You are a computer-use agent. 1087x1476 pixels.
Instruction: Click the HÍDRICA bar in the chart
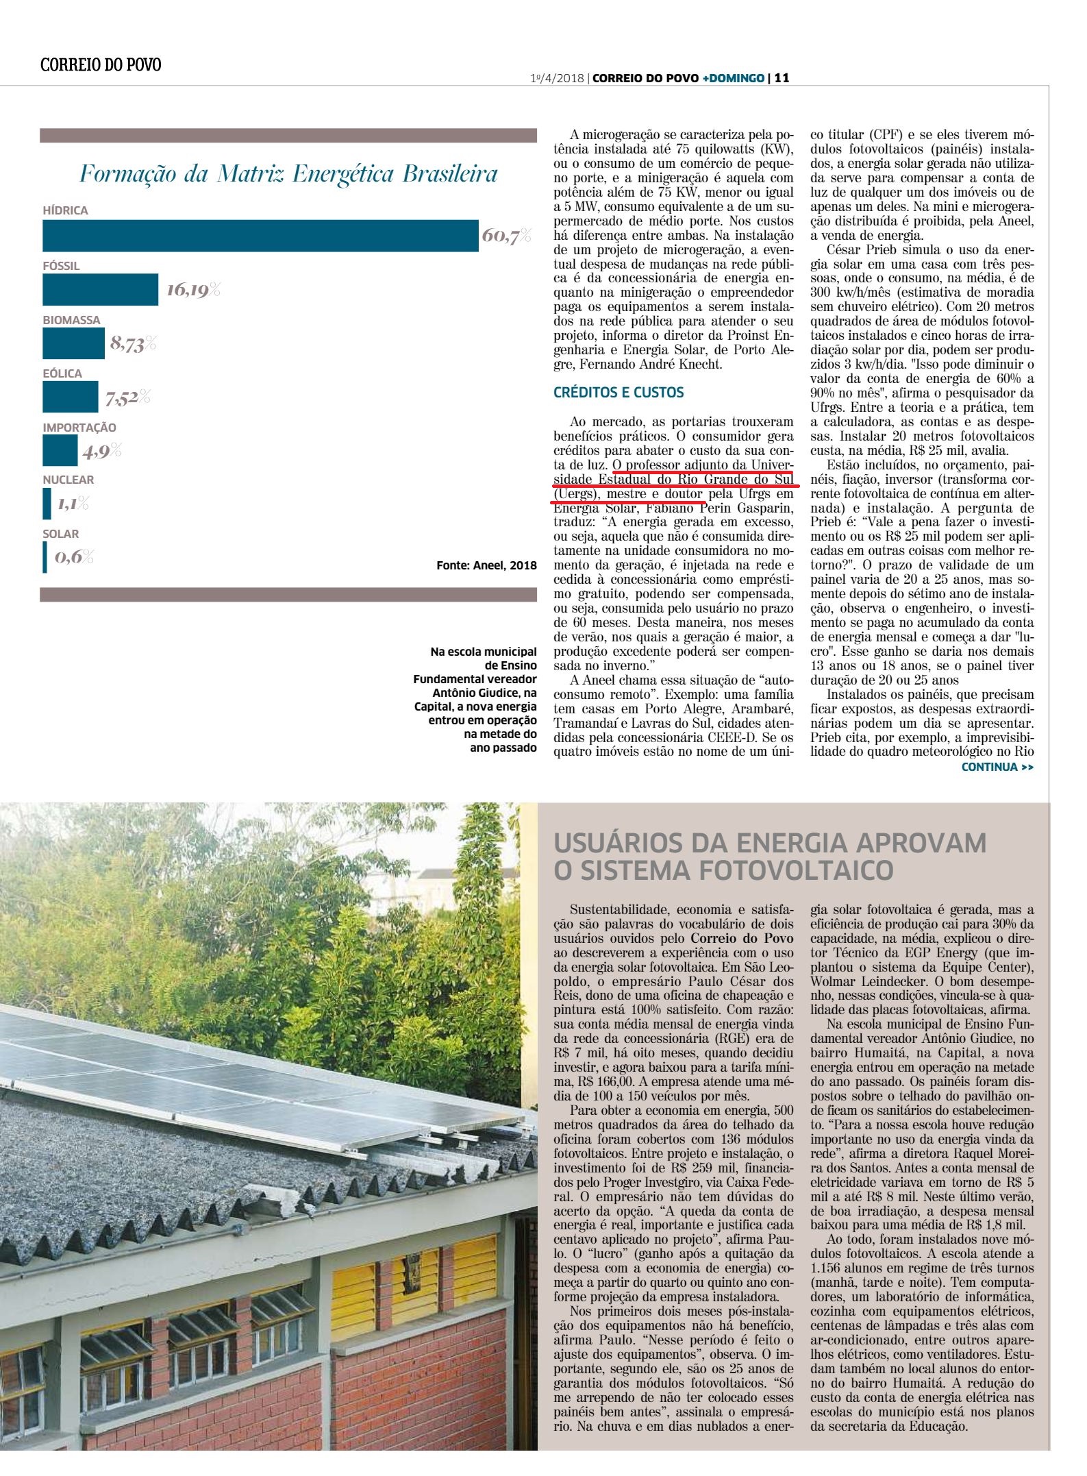[x=260, y=236]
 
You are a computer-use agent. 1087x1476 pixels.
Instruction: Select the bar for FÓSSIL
[x=100, y=290]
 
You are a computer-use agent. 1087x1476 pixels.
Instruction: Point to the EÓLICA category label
[x=62, y=373]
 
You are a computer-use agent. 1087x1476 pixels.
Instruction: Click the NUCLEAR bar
[x=47, y=504]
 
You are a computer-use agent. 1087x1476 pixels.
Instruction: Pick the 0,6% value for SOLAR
[x=74, y=556]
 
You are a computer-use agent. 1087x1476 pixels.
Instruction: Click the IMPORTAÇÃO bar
[x=60, y=450]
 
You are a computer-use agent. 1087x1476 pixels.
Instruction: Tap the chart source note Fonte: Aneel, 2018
[x=486, y=566]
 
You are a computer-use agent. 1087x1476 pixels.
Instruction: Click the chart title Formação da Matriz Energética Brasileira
[x=288, y=174]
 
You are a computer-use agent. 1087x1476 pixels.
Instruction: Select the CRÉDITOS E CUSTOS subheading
[x=619, y=393]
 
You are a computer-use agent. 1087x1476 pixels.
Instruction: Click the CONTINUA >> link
[x=997, y=767]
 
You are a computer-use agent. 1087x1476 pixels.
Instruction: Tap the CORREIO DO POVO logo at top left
[x=101, y=65]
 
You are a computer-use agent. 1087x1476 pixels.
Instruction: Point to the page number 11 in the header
[x=782, y=78]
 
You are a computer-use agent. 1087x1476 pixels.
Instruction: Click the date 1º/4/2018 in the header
[x=558, y=78]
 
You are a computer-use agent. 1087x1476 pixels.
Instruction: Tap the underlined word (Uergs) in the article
[x=573, y=493]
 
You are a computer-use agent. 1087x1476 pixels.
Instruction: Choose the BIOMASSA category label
[x=71, y=320]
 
